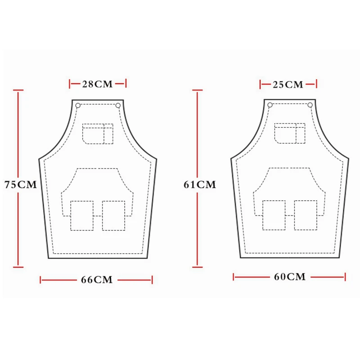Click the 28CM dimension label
coord(97,83)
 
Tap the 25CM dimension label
coord(288,84)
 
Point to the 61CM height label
coord(200,184)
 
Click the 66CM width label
coord(96,280)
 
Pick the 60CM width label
coord(290,277)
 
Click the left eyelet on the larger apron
coord(78,106)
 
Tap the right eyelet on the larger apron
coord(118,106)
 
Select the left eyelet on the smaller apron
coord(270,105)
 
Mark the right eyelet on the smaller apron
coord(310,105)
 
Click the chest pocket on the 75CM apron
coord(98,134)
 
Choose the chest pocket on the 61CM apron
coord(290,134)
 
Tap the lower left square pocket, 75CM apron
coord(82,216)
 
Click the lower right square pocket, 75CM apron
coord(113,216)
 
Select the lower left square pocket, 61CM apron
coord(274,215)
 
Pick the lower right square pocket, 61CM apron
coord(306,215)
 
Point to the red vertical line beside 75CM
coord(18,135)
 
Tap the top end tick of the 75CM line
coord(18,90)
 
